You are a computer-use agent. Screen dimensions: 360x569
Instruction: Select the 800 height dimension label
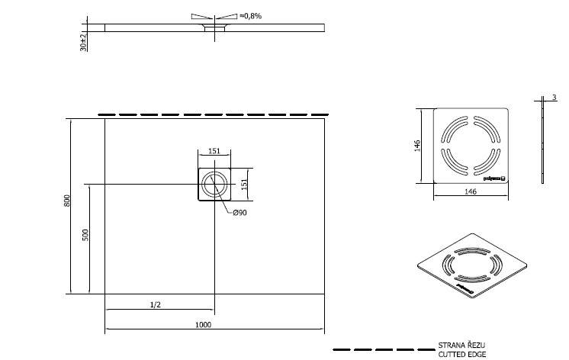[x=67, y=201]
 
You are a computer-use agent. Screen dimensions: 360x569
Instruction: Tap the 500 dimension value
[x=85, y=236]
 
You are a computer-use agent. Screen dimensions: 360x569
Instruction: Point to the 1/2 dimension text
[x=155, y=305]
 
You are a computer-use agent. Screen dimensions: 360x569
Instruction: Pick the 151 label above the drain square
[x=214, y=151]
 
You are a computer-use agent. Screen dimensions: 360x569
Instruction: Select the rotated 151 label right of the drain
[x=245, y=185]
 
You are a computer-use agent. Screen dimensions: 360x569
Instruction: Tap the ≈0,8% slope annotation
[x=250, y=14]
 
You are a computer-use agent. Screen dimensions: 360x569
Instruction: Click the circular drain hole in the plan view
[x=214, y=185]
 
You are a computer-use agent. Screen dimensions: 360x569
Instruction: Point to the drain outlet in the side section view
[x=214, y=30]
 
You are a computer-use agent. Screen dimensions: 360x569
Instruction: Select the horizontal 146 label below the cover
[x=470, y=192]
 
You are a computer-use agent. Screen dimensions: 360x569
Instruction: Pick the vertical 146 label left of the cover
[x=418, y=146]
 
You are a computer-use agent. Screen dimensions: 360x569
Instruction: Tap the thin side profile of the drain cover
[x=541, y=145]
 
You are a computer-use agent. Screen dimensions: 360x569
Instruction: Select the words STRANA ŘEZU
[x=458, y=346]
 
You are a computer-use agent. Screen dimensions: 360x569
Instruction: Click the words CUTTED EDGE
[x=458, y=355]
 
